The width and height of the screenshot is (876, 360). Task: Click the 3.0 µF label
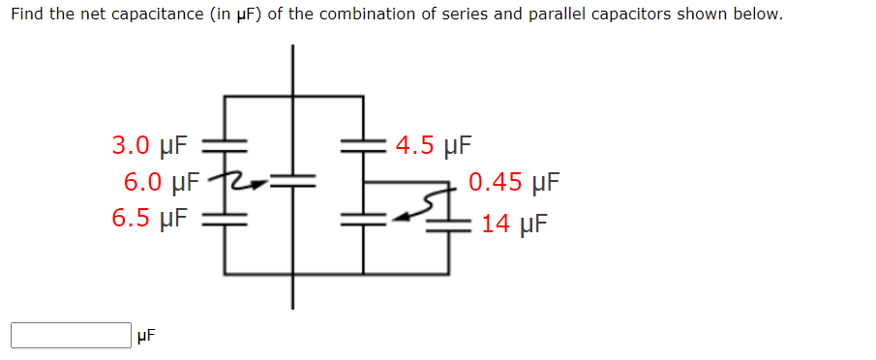coord(150,146)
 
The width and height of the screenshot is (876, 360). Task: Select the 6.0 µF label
coord(162,182)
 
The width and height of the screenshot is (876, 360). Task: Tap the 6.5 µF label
coord(150,218)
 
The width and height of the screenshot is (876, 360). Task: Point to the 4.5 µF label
coord(433,146)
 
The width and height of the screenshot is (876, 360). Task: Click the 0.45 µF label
coord(514,182)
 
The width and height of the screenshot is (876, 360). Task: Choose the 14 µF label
coord(514,224)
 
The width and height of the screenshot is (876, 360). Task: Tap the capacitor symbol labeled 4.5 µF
coord(364,146)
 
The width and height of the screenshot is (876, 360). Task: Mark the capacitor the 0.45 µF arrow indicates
coord(364,219)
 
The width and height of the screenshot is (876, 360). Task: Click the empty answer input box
coord(71,335)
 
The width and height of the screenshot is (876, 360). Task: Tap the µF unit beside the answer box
coord(145,336)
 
